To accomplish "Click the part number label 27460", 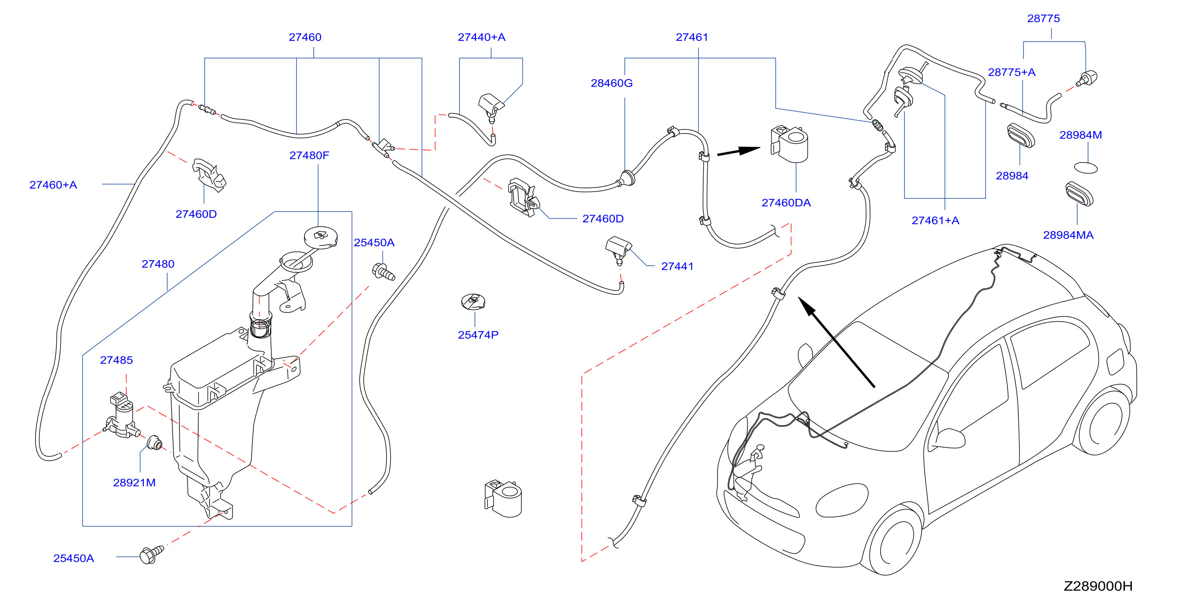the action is pyautogui.click(x=305, y=37).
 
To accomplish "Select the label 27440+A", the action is pyautogui.click(x=481, y=37).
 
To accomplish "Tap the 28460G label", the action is pyautogui.click(x=611, y=83).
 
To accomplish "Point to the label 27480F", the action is pyautogui.click(x=309, y=156).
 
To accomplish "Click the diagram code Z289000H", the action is pyautogui.click(x=1098, y=586).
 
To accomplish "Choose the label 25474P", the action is pyautogui.click(x=478, y=335).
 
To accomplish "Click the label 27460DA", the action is pyautogui.click(x=786, y=203).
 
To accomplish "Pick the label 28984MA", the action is pyautogui.click(x=1068, y=235).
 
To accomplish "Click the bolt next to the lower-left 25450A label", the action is pyautogui.click(x=151, y=555).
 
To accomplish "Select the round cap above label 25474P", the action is pyautogui.click(x=473, y=302).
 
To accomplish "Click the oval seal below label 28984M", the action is pyautogui.click(x=1086, y=168).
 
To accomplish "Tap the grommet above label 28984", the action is pyautogui.click(x=1021, y=136).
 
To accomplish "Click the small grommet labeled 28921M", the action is pyautogui.click(x=154, y=443).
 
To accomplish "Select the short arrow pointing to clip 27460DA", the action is pyautogui.click(x=738, y=151).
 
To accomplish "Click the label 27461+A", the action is pyautogui.click(x=935, y=221).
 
